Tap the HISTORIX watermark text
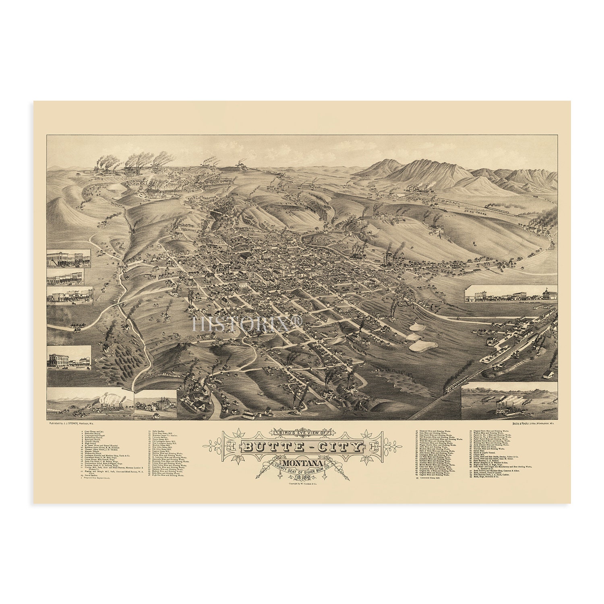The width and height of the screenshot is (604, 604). pos(247,324)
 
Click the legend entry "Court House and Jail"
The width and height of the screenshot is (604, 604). pos(93,431)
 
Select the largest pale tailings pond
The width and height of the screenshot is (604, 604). pos(423,345)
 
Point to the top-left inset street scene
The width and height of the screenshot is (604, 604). pos(68,258)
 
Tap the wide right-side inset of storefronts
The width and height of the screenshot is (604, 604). pos(511,294)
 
